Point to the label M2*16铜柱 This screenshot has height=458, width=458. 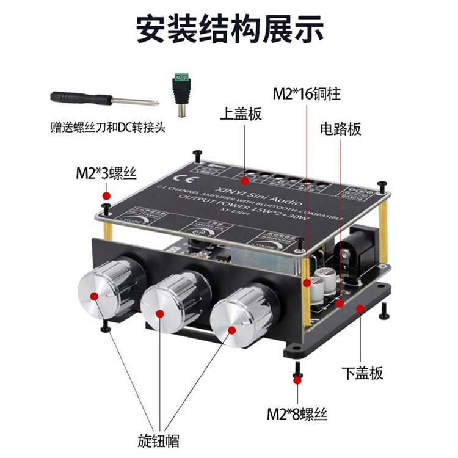(x=306, y=94)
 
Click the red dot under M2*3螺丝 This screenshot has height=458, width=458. (x=106, y=195)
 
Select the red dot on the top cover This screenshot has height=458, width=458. (x=244, y=181)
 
